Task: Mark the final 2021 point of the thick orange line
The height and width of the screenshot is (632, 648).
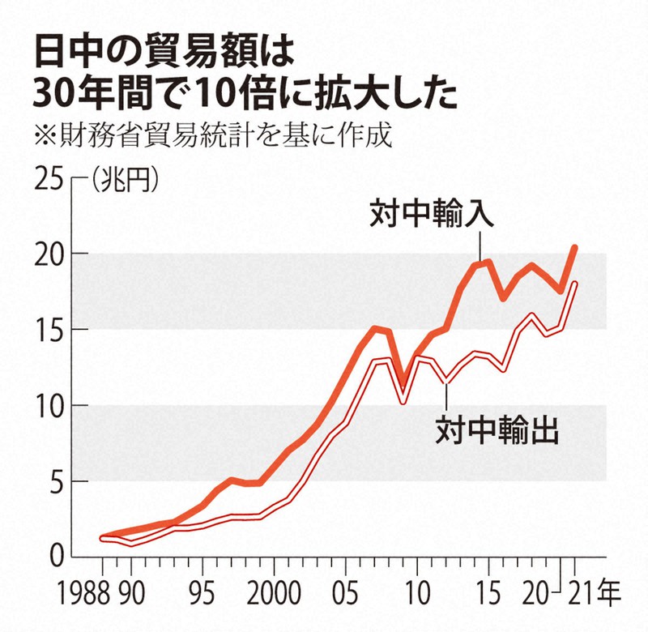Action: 574,247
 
